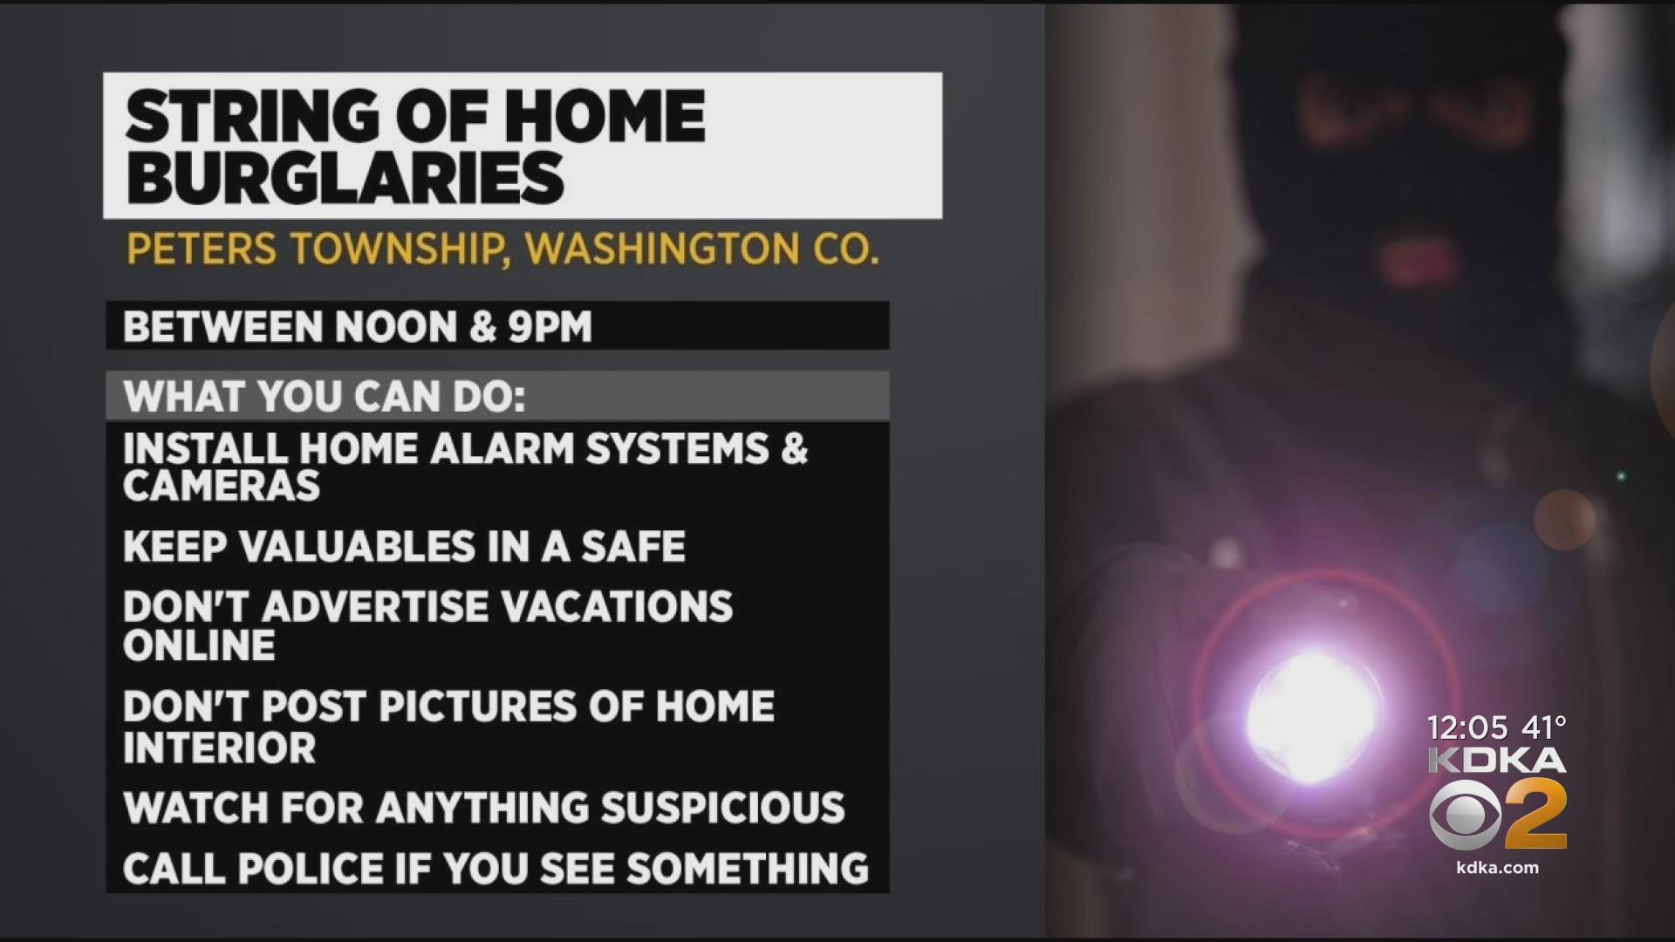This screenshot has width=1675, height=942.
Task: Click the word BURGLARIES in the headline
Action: (345, 177)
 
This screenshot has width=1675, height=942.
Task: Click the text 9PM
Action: (550, 327)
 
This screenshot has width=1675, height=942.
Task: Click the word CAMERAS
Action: (222, 486)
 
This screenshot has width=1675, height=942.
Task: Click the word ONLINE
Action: (199, 645)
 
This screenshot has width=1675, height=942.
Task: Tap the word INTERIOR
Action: (219, 748)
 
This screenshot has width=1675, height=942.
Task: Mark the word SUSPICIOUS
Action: (722, 808)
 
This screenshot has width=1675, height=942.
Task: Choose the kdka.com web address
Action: (1497, 868)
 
